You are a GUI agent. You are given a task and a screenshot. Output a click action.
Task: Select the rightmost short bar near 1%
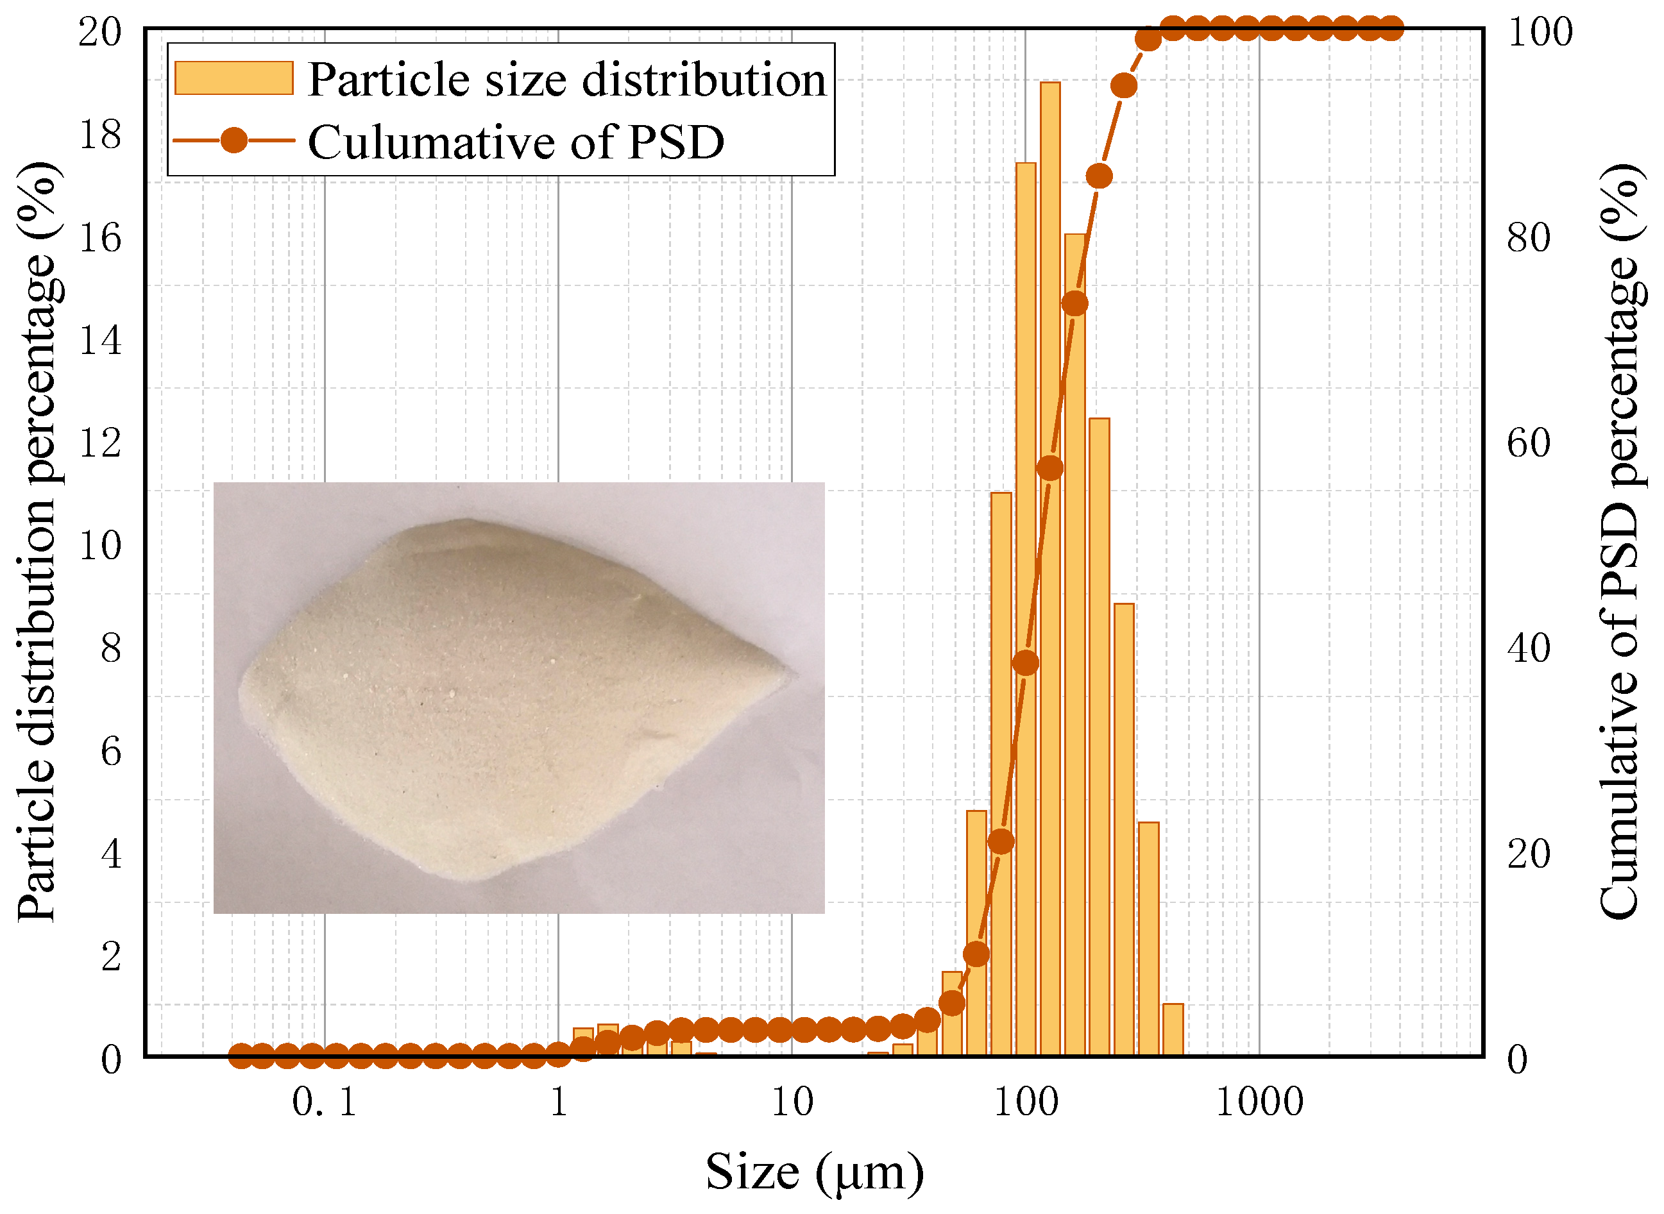[x=1173, y=1029]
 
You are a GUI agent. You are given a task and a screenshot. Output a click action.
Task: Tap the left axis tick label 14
[x=100, y=341]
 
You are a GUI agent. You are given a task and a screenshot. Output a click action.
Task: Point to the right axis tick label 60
[x=1529, y=443]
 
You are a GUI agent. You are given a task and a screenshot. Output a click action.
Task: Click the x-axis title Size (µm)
[x=815, y=1172]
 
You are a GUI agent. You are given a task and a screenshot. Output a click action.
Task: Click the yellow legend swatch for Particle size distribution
[x=233, y=78]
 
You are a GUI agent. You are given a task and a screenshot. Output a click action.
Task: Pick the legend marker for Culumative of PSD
[x=233, y=140]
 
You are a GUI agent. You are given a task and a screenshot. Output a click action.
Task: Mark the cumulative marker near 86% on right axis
[x=1099, y=176]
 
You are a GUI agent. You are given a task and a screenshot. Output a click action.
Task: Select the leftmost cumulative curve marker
[x=241, y=1058]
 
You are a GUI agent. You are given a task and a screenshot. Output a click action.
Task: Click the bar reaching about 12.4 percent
[x=1099, y=735]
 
